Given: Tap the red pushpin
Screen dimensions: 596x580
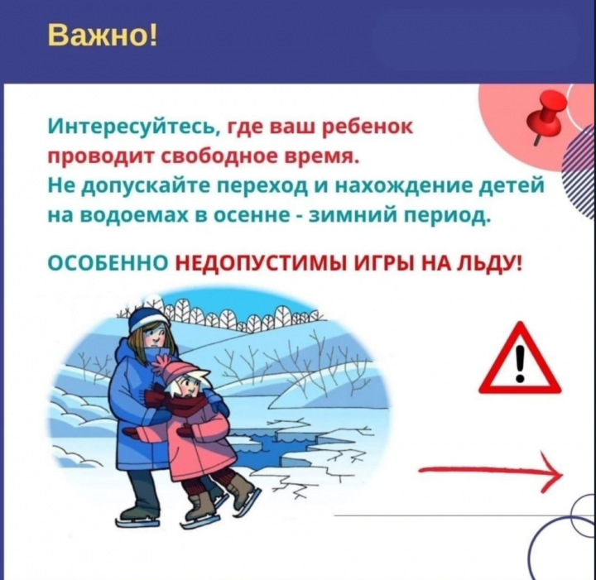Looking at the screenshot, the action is pos(546,117).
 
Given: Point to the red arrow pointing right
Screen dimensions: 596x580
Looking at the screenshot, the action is pos(490,472).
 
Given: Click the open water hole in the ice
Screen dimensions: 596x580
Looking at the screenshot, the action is pos(277,443).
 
